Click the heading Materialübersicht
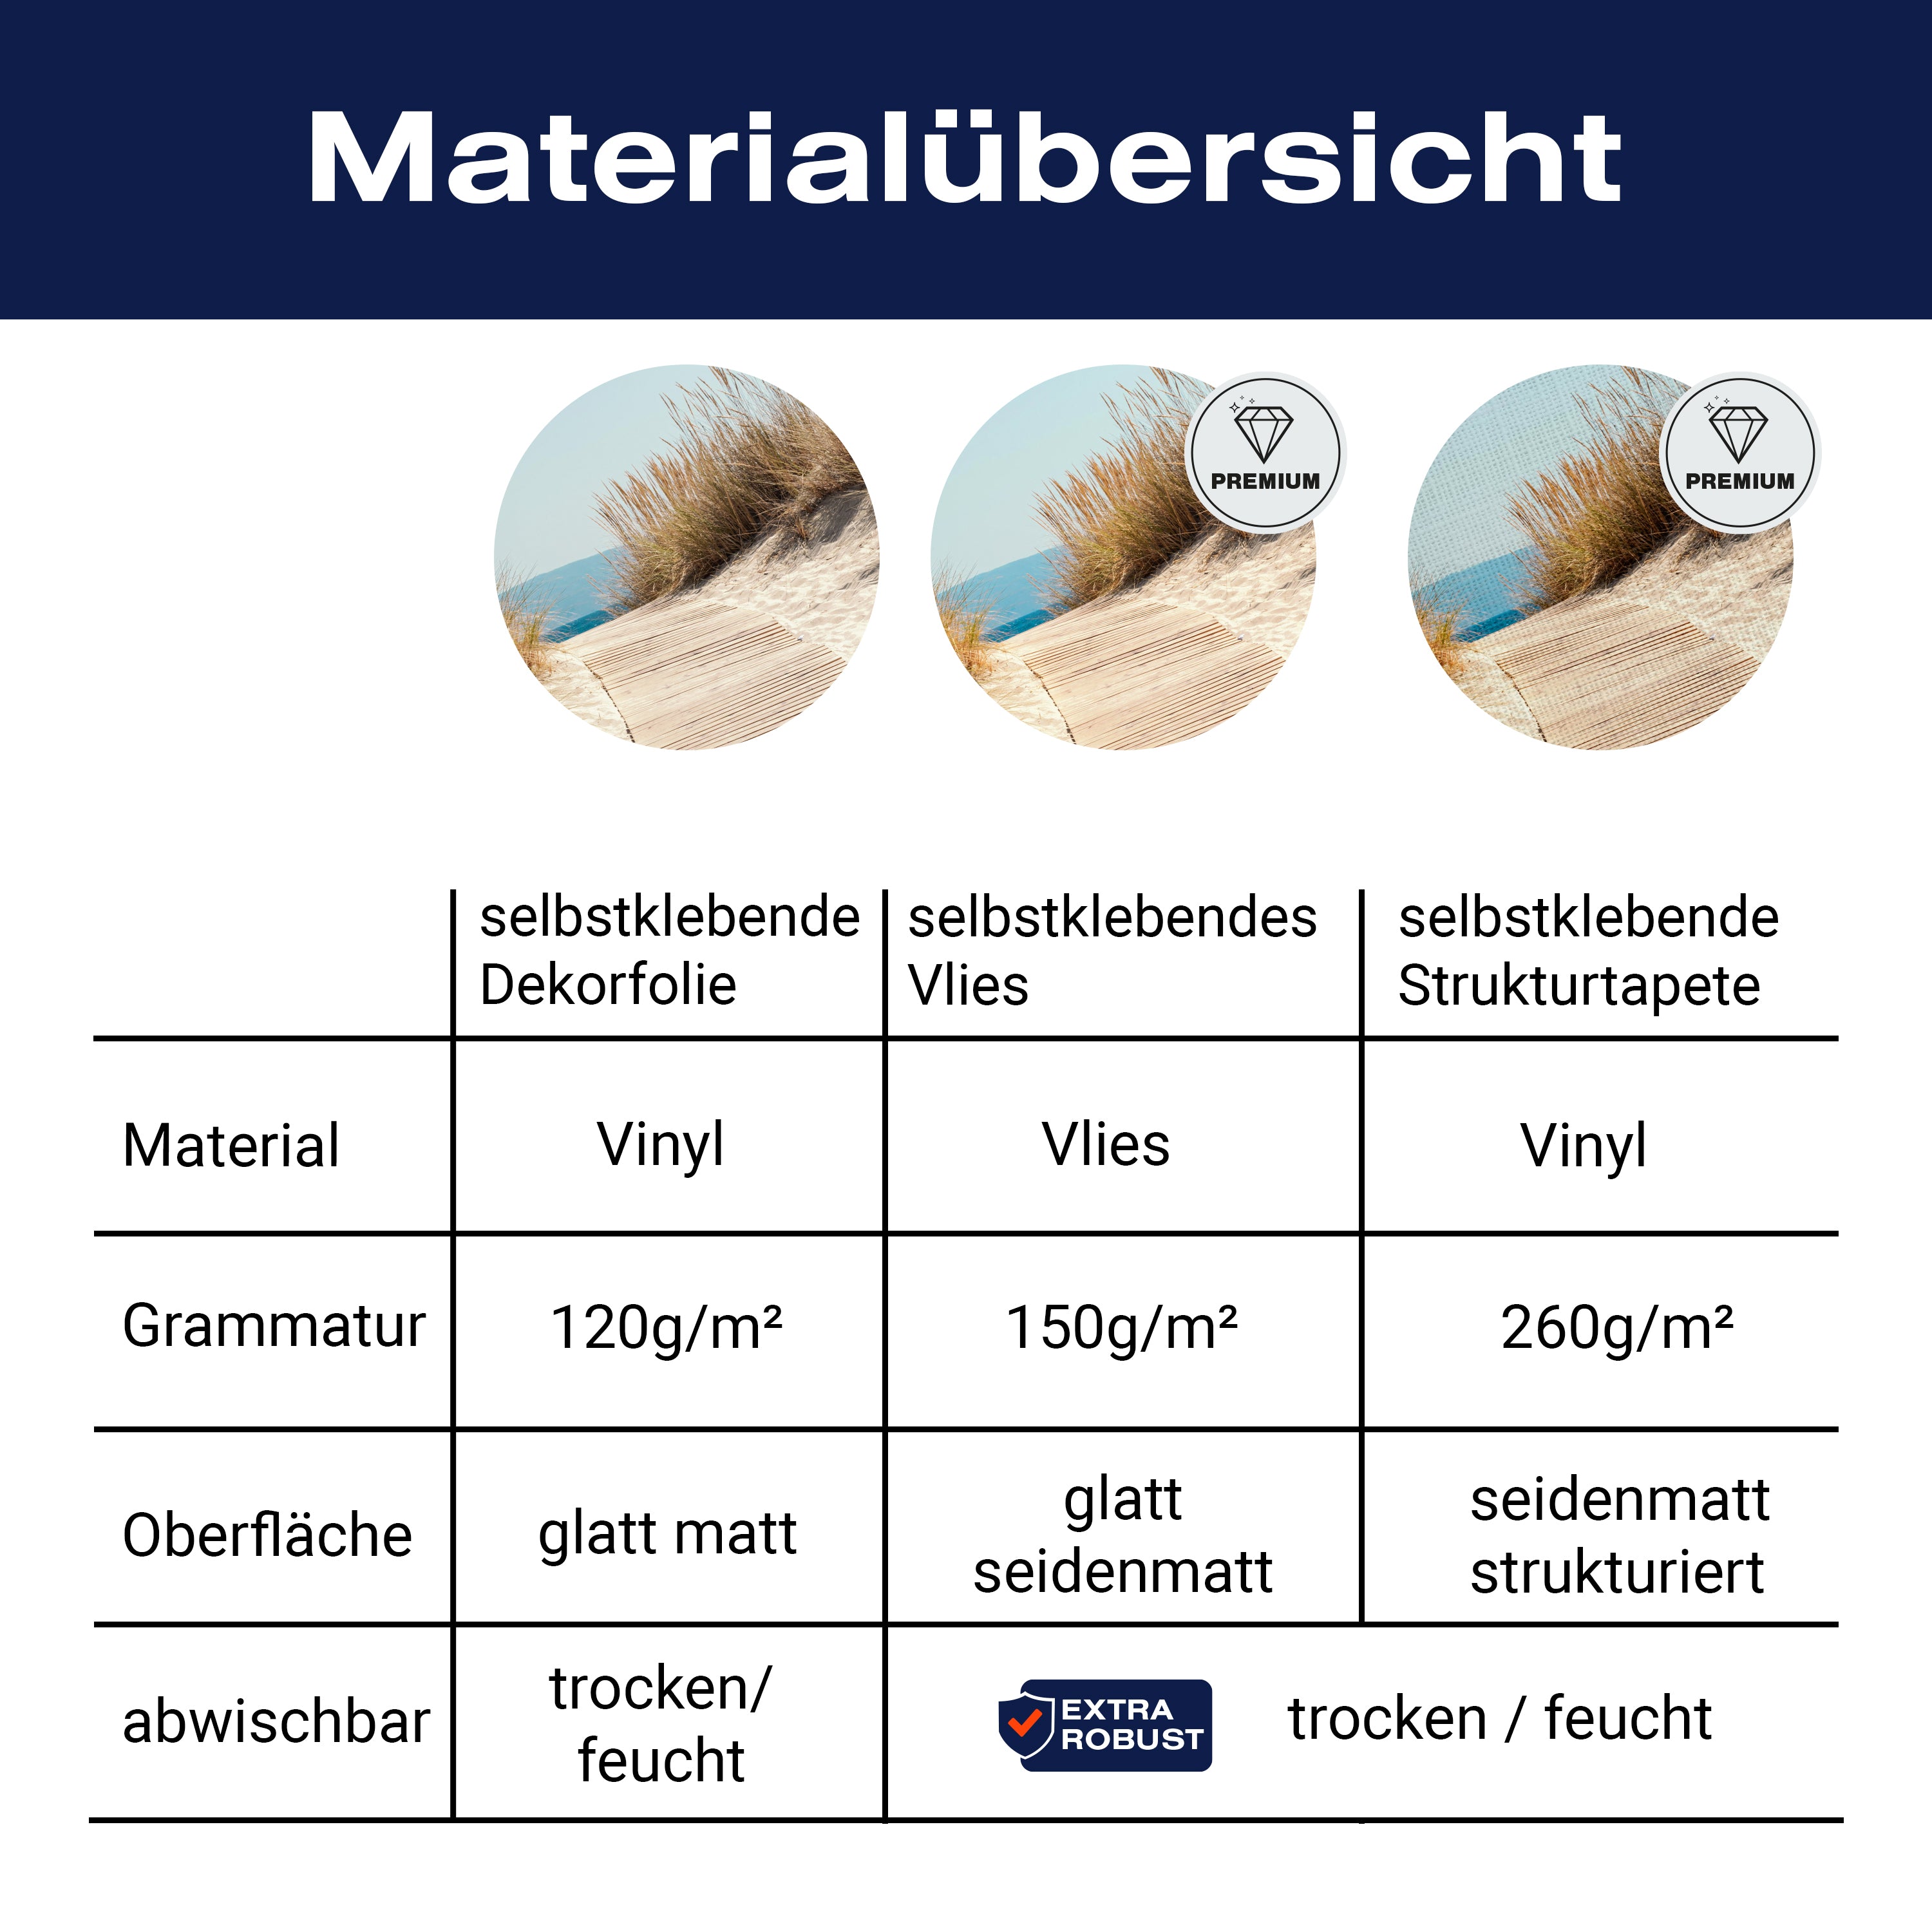coord(965,158)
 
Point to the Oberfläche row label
coord(267,1535)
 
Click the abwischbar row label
coord(276,1722)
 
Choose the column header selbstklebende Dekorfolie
coord(669,951)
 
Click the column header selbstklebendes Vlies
coord(1112,951)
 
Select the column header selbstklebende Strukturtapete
coord(1588,951)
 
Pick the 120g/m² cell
coord(667,1328)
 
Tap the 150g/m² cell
coord(1122,1328)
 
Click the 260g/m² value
coord(1617,1328)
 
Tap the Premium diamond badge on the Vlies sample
coord(1265,453)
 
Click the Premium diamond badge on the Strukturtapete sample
coord(1740,453)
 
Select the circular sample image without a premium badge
coord(687,557)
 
